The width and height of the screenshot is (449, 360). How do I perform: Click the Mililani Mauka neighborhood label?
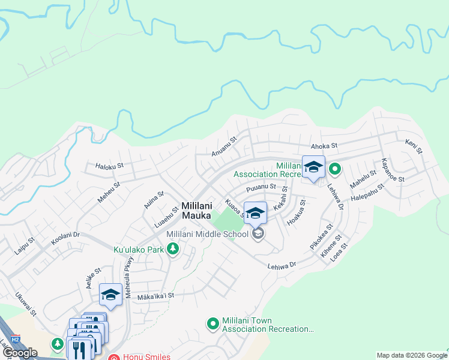(x=199, y=211)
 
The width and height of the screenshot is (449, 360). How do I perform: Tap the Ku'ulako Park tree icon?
(x=173, y=248)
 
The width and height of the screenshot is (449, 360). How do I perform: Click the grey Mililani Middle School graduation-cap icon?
(x=258, y=234)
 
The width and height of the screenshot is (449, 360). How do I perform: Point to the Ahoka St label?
(x=325, y=146)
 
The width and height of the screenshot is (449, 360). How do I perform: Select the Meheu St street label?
(x=109, y=193)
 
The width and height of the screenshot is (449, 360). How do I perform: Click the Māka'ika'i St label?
(x=155, y=295)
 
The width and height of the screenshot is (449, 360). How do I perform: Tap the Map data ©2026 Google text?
(x=411, y=355)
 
